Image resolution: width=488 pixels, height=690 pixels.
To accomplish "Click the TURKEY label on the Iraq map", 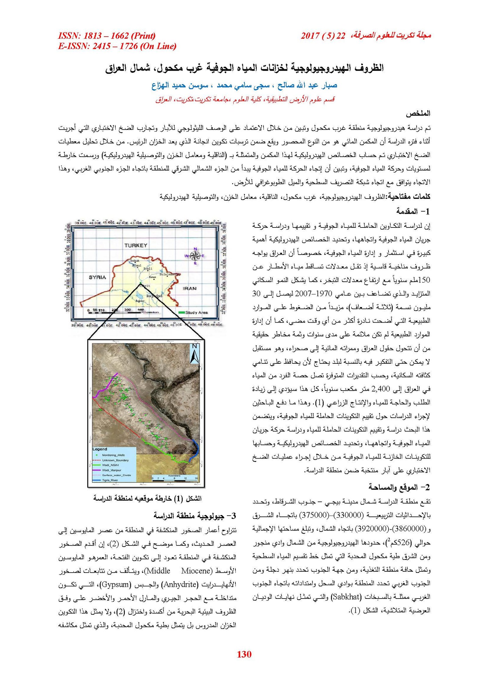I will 136,245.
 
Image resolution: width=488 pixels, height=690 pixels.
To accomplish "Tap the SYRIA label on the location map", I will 97,277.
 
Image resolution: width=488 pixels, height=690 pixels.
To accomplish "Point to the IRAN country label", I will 189,288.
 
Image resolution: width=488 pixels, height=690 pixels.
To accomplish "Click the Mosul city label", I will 137,266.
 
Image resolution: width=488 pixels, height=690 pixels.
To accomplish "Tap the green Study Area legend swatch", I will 181,313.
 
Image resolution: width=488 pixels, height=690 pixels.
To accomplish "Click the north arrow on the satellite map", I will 195,354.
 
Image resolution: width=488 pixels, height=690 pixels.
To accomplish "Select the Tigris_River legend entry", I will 110,480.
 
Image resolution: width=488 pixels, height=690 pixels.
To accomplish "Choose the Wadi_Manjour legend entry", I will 111,470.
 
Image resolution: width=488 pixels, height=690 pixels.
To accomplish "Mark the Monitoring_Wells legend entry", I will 113,455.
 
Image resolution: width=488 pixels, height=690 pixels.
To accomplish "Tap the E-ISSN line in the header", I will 117,46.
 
